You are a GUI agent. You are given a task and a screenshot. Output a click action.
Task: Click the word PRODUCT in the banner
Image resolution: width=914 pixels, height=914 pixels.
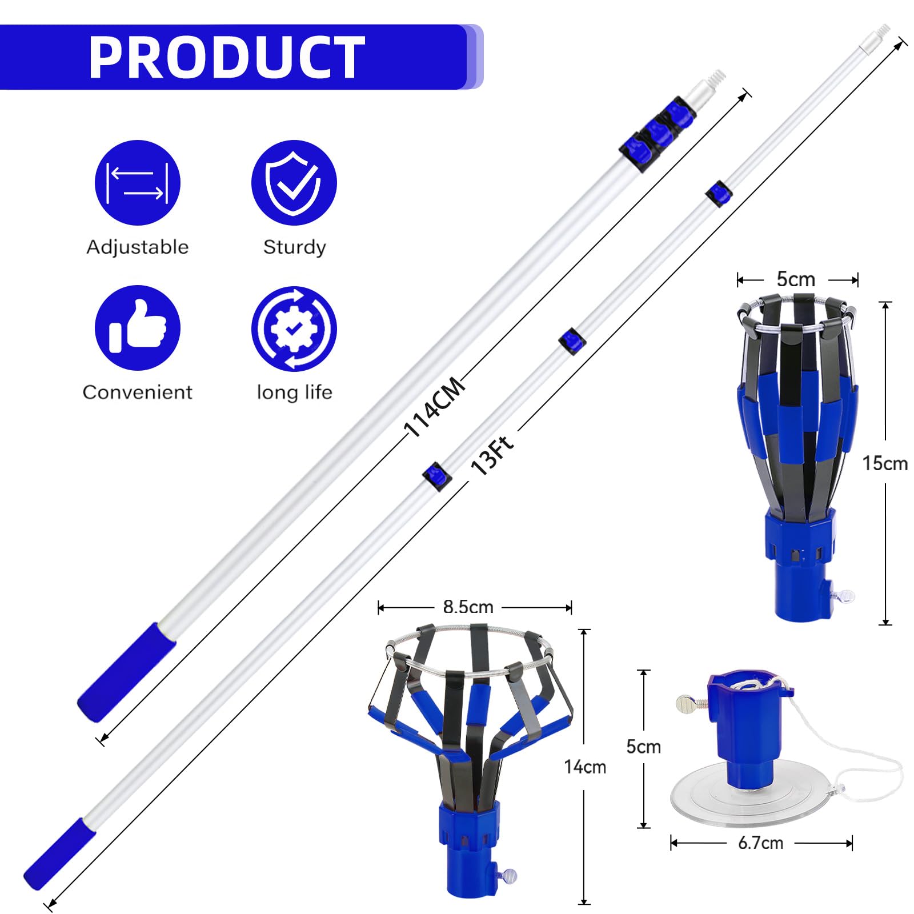(x=227, y=57)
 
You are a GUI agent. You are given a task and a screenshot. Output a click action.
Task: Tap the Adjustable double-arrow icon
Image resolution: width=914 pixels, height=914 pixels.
(x=137, y=183)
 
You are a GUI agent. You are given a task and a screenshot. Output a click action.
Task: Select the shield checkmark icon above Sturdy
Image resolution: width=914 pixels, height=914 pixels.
(x=294, y=183)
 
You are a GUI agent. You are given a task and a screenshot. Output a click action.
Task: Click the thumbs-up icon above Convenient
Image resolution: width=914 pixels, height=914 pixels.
(x=137, y=328)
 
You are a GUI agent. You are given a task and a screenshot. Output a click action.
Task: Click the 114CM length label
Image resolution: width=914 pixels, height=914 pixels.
(x=434, y=406)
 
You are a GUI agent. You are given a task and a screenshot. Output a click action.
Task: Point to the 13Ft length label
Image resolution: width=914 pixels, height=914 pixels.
(x=492, y=455)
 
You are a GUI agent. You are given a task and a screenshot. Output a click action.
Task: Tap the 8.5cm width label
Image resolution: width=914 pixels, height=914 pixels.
(x=468, y=607)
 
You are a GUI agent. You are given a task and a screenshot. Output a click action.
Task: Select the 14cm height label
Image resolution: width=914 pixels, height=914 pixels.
(x=584, y=767)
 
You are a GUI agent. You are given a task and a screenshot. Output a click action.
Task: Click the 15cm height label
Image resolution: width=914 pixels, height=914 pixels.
(x=885, y=463)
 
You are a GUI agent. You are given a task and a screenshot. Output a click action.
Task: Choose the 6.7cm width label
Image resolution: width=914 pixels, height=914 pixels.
(x=760, y=843)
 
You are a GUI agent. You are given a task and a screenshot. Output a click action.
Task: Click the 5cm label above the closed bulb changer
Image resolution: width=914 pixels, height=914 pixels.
(x=796, y=279)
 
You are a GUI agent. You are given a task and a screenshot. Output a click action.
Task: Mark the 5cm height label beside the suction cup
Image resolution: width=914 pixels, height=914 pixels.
(x=643, y=747)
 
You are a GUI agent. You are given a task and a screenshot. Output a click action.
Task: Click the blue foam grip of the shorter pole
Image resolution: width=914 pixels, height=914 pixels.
(x=127, y=672)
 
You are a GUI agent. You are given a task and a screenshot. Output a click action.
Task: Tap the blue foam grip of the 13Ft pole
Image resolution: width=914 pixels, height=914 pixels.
(x=59, y=853)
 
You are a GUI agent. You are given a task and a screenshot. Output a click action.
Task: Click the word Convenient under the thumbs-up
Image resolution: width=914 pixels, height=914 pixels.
(x=137, y=392)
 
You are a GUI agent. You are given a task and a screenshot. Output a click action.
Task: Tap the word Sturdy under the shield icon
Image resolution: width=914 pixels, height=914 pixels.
(x=294, y=247)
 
